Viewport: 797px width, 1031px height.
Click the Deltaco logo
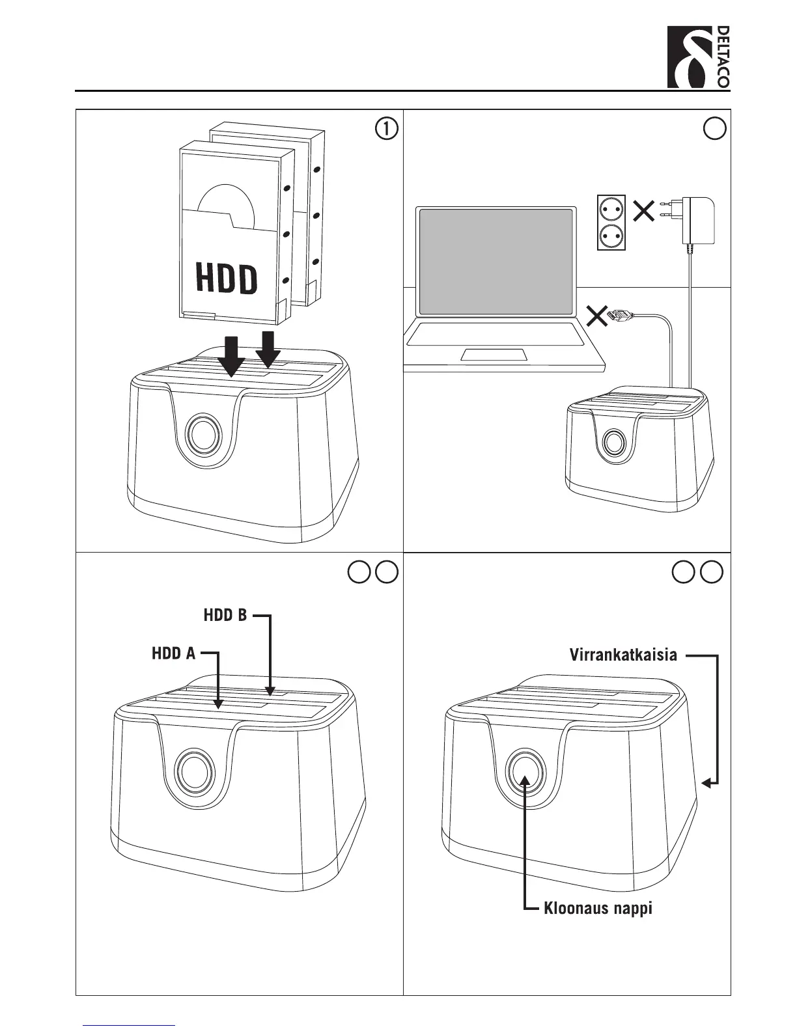pyautogui.click(x=698, y=57)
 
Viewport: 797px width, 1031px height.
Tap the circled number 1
pyautogui.click(x=386, y=129)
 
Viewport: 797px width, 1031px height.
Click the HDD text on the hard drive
pyautogui.click(x=227, y=279)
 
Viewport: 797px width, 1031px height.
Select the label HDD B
pyautogui.click(x=225, y=615)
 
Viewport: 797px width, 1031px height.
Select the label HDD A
pyautogui.click(x=174, y=653)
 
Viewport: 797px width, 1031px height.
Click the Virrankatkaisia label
pyautogui.click(x=623, y=655)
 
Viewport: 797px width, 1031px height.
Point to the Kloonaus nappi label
pyautogui.click(x=598, y=908)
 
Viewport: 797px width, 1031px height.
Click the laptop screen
pyautogui.click(x=496, y=261)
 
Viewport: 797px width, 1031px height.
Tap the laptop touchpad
pyautogui.click(x=494, y=354)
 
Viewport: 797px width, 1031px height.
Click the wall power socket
pyautogui.click(x=611, y=221)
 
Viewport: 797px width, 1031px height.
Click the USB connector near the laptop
pyautogui.click(x=619, y=316)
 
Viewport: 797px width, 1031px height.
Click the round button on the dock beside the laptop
pyautogui.click(x=613, y=443)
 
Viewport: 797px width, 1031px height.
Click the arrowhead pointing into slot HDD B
pyautogui.click(x=270, y=691)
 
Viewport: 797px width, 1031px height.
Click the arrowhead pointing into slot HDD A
pyautogui.click(x=219, y=704)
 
